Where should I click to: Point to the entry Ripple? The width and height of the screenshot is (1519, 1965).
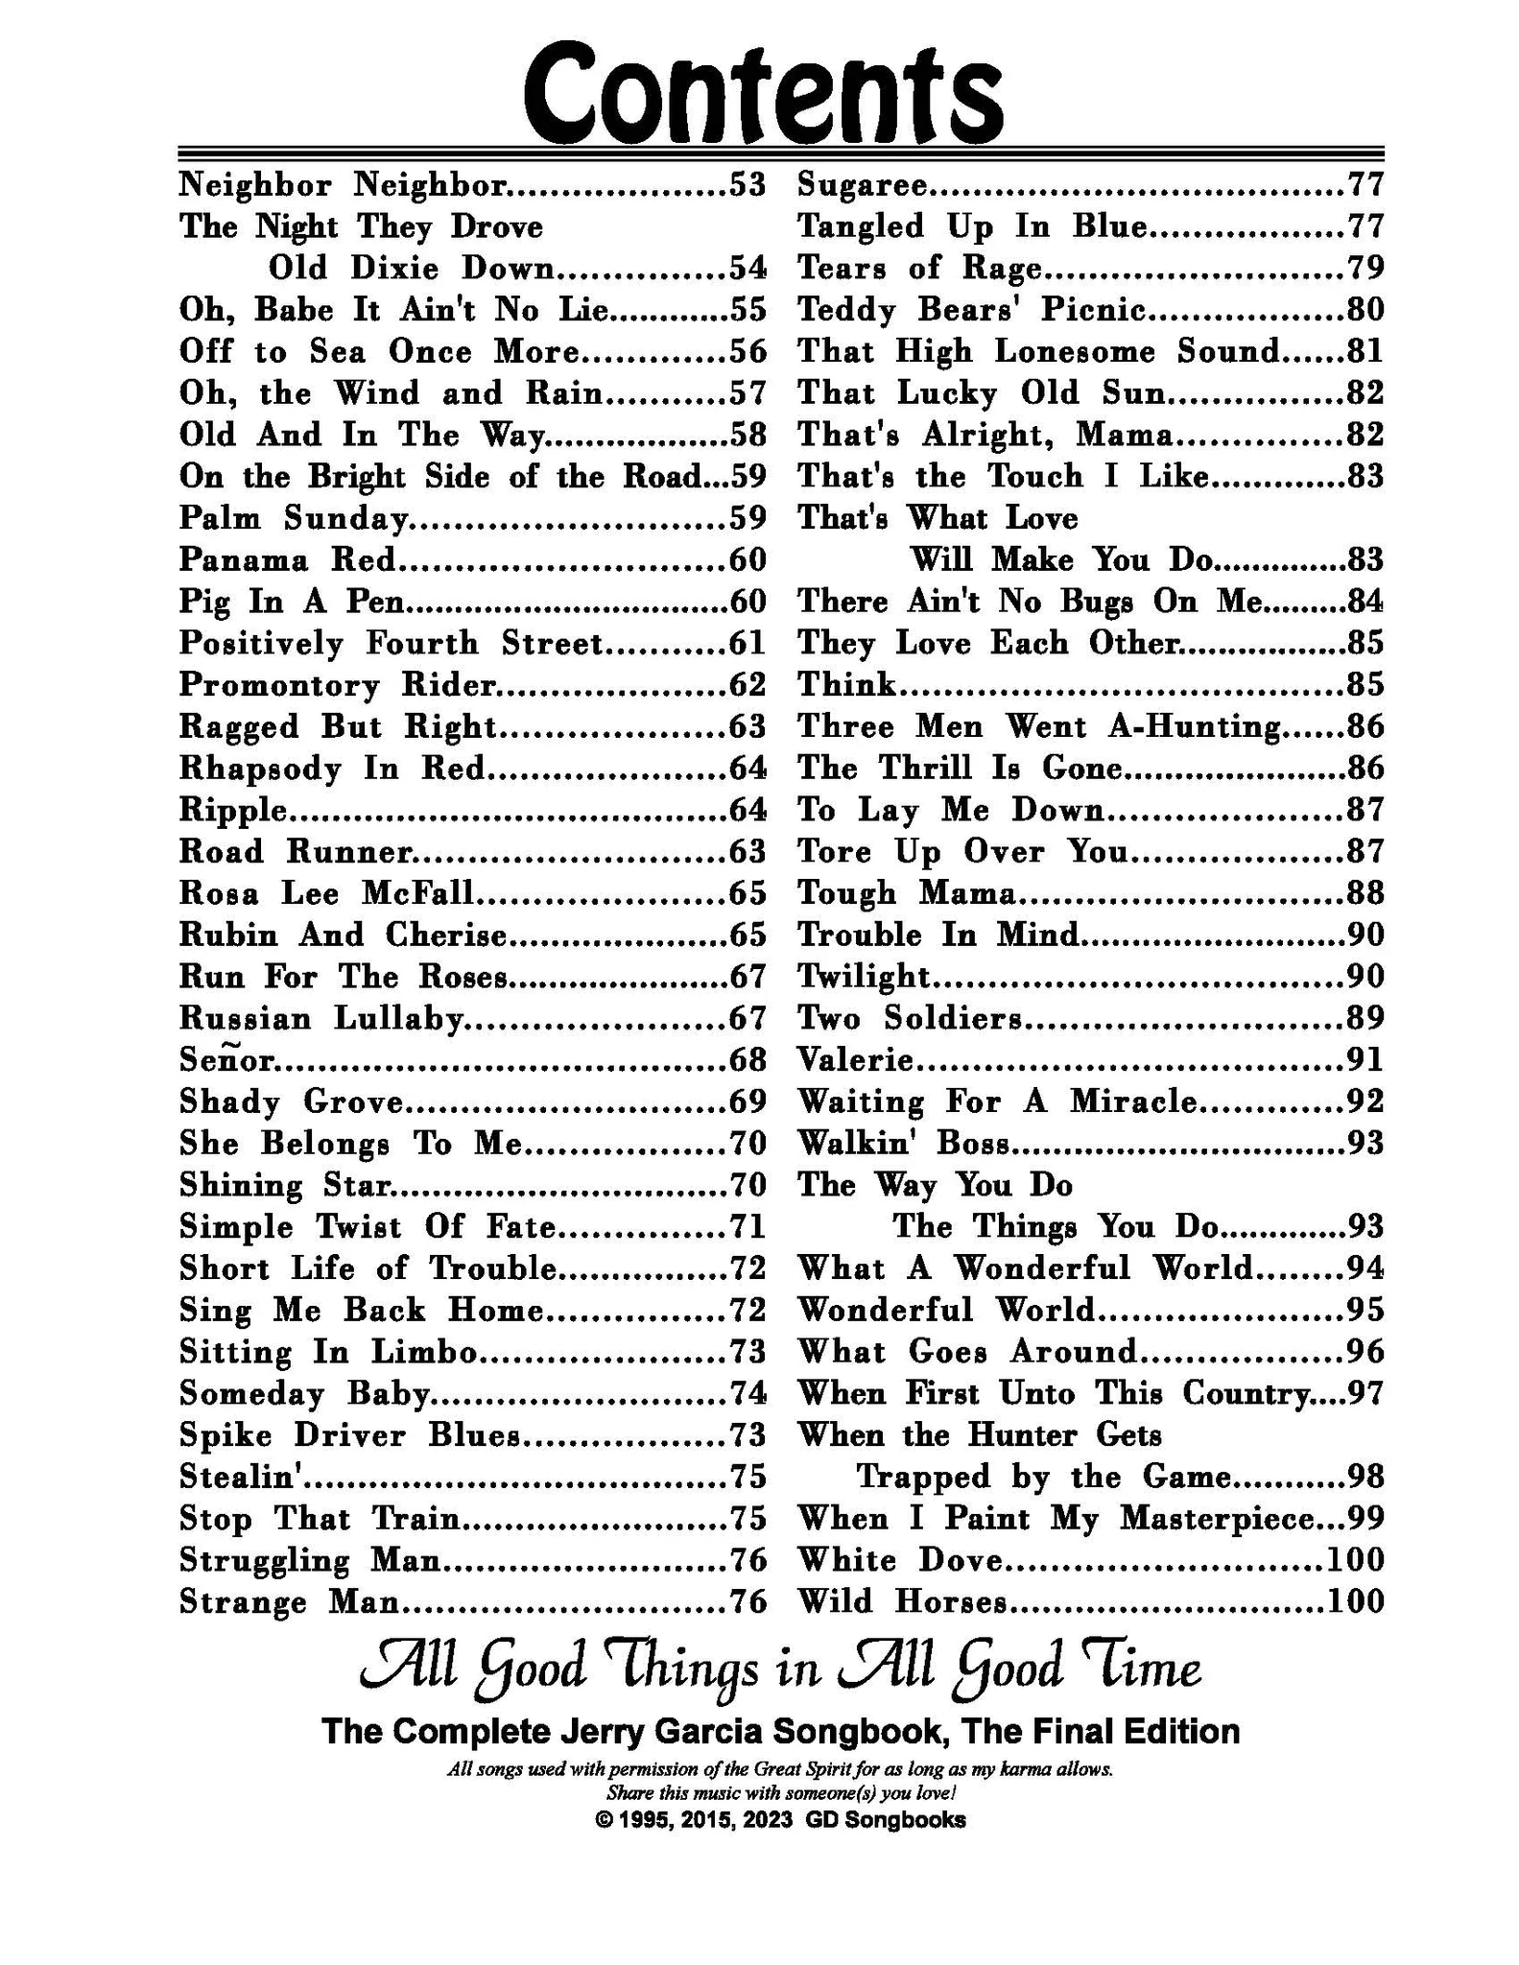click(233, 811)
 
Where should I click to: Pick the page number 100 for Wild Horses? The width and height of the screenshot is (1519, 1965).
click(1355, 1601)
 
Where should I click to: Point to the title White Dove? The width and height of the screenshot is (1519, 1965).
click(901, 1560)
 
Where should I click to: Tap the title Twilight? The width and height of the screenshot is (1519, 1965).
click(864, 977)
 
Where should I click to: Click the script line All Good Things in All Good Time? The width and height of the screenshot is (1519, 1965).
click(779, 1669)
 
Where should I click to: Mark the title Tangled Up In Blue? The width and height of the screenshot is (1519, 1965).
click(972, 226)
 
